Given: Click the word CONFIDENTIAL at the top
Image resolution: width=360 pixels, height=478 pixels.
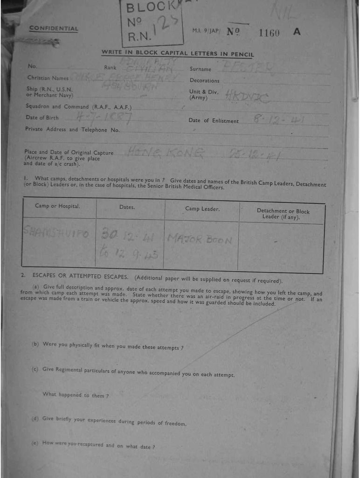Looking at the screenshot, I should pyautogui.click(x=54, y=28).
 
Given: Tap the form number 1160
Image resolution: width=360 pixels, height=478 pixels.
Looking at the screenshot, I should pyautogui.click(x=269, y=33).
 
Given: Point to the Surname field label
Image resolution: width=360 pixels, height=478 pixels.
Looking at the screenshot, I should pyautogui.click(x=200, y=69).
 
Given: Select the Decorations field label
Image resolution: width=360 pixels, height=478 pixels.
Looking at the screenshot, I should pyautogui.click(x=204, y=80).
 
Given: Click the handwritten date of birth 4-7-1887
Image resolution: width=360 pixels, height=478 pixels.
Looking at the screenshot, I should pyautogui.click(x=104, y=117).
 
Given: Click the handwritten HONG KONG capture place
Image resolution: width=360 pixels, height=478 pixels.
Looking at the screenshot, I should pyautogui.click(x=166, y=152).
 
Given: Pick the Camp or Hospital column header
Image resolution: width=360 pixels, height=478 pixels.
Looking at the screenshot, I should pyautogui.click(x=57, y=206).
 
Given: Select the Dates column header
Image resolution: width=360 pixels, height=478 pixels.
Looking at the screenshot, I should pyautogui.click(x=127, y=207).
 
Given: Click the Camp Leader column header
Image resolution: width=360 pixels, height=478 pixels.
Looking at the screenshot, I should pyautogui.click(x=202, y=209).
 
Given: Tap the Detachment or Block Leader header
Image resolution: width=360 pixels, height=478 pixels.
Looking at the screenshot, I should pyautogui.click(x=283, y=214).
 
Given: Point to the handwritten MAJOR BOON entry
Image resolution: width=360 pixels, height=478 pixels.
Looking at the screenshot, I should pyautogui.click(x=200, y=240).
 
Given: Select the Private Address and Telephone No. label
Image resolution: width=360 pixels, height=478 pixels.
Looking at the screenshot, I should pyautogui.click(x=73, y=129).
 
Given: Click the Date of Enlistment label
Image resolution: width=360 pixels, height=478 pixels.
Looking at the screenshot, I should pyautogui.click(x=213, y=121).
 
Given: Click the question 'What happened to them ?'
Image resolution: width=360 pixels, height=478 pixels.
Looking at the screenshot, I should pyautogui.click(x=76, y=395).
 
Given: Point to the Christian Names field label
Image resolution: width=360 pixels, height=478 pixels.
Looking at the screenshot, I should pyautogui.click(x=48, y=78).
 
